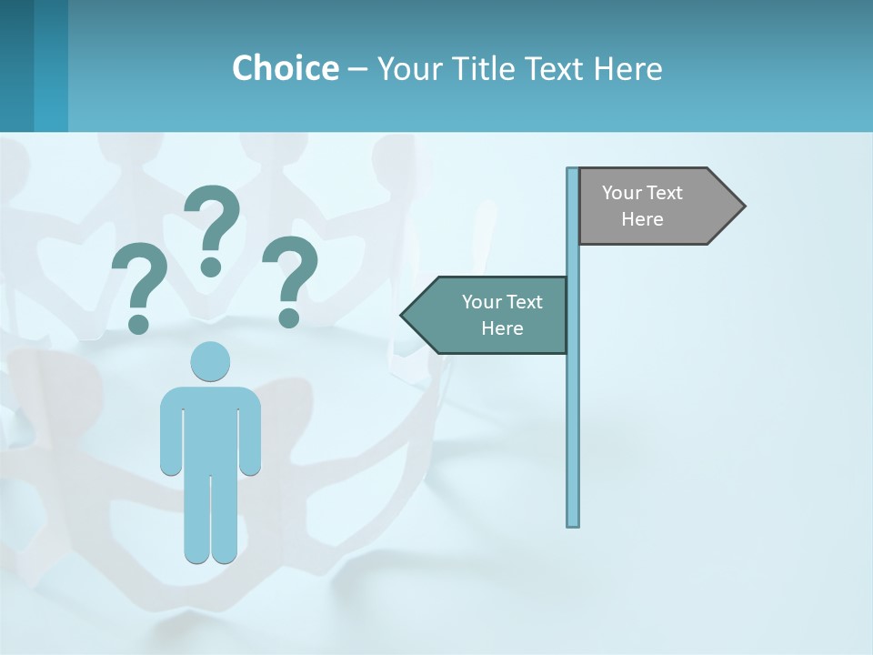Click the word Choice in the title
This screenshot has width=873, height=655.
285,68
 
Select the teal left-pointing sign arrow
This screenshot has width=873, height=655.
491,315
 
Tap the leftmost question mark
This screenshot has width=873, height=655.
139,277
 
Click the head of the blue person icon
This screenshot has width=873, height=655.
211,361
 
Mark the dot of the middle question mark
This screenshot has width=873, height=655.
211,266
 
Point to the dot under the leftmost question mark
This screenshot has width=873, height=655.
138,323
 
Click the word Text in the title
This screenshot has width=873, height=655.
556,68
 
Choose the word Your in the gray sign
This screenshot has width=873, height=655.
623,193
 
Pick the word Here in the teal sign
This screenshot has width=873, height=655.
502,328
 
